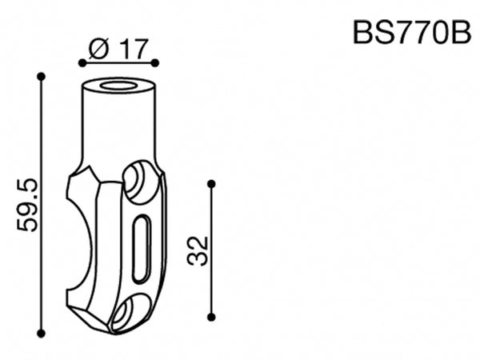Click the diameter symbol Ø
pos(98,49)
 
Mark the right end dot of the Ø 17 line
pos(155,62)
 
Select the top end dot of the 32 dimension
pos(211,184)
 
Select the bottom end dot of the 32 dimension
pos(211,317)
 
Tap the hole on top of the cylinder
pos(118,84)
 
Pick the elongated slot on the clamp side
pos(140,248)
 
